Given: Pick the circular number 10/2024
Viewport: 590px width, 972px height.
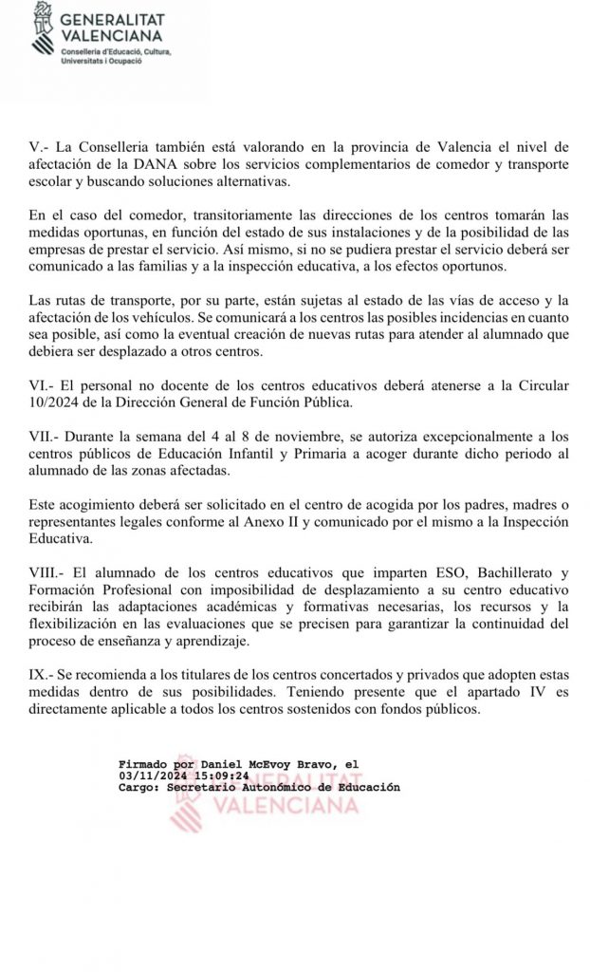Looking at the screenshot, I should [x=60, y=403].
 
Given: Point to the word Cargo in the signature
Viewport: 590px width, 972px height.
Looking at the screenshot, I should [x=138, y=787].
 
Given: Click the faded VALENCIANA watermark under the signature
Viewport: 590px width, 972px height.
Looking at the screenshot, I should [x=283, y=807].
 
